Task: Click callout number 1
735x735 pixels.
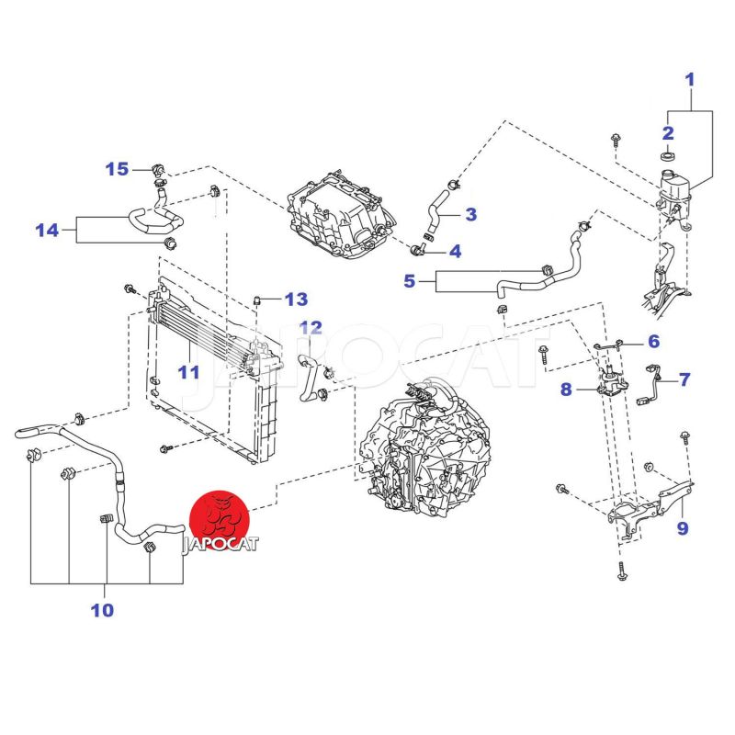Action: (x=691, y=80)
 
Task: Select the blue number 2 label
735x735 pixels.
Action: (x=668, y=132)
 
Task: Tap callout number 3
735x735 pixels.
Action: (x=470, y=214)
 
